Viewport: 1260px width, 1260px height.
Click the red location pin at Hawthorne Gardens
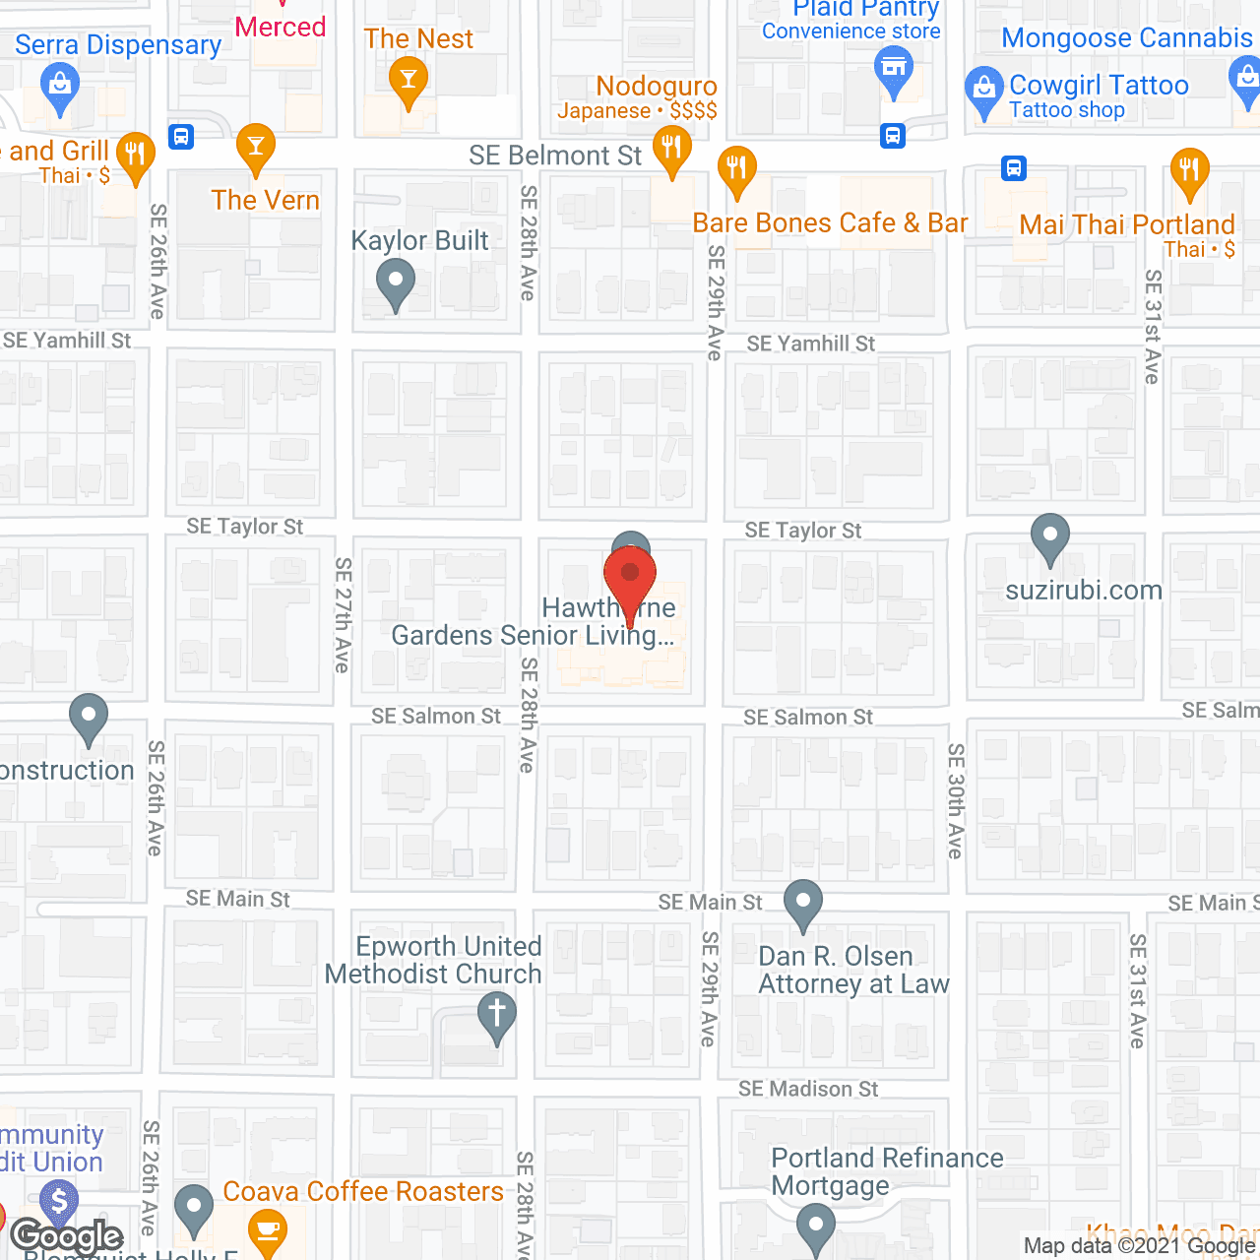(630, 577)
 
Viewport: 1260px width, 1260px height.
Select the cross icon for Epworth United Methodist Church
(497, 1015)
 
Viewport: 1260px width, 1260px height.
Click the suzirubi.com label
(1084, 591)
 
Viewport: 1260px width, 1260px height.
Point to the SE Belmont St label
(554, 156)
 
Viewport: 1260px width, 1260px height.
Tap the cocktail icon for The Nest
(408, 78)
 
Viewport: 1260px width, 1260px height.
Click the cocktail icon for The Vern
(255, 148)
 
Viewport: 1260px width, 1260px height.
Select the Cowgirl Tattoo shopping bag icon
(983, 89)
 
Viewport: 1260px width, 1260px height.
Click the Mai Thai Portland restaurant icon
(1189, 169)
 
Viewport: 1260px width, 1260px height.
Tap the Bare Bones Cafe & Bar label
(830, 223)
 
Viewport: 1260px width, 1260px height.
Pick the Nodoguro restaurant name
(657, 87)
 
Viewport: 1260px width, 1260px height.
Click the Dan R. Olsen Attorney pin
(803, 902)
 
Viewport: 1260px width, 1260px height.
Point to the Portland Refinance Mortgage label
(886, 1171)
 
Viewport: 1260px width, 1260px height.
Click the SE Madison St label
(808, 1089)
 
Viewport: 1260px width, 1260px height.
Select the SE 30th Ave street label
(955, 800)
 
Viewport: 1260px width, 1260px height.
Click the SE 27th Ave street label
(343, 615)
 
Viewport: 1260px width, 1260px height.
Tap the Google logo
(67, 1236)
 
